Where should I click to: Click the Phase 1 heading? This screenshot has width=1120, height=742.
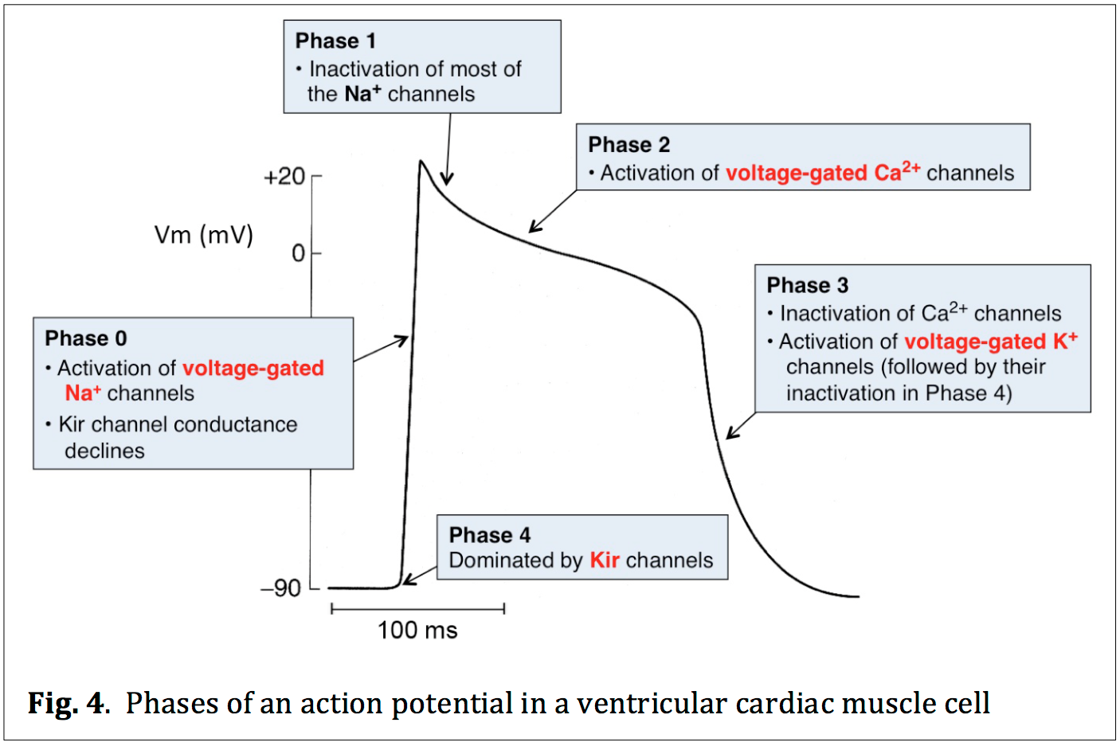pos(335,41)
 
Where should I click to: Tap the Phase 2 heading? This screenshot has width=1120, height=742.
pos(629,145)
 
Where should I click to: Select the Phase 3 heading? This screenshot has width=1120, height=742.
pos(807,285)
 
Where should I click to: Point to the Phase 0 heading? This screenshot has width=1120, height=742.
pos(86,338)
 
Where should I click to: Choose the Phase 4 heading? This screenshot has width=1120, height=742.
pos(489,535)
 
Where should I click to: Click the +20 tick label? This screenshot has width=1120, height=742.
pos(284,176)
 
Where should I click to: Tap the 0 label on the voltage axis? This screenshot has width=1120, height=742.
pos(298,253)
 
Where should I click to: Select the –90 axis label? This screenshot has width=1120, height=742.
pos(281,588)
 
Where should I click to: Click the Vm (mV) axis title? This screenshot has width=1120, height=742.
pos(204,235)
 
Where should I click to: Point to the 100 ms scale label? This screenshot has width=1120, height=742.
pos(417,631)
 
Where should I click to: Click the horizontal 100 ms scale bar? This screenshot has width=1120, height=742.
pos(417,609)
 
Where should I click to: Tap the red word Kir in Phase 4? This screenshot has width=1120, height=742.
pos(605,560)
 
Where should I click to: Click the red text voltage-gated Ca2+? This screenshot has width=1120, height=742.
pos(823,172)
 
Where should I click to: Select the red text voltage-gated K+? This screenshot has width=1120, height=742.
pos(990,342)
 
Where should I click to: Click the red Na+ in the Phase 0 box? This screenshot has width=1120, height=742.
pos(83,393)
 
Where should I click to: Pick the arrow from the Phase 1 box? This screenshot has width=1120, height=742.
pos(448,148)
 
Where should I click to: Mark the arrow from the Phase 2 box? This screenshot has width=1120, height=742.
pos(552,212)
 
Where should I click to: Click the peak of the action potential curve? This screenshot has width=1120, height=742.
pos(421,162)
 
